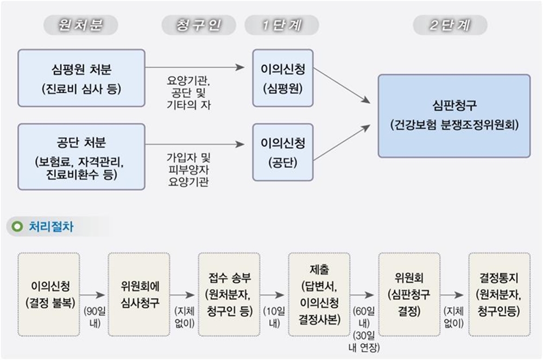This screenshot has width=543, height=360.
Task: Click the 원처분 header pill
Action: [81, 25]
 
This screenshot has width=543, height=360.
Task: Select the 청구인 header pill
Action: [199, 25]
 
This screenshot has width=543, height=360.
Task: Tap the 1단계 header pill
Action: [282, 25]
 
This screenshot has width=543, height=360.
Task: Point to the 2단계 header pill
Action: [450, 25]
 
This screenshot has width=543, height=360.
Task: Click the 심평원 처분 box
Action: [81, 78]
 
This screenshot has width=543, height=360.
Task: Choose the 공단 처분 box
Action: [81, 157]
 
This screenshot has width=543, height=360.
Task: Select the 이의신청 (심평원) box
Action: [283, 78]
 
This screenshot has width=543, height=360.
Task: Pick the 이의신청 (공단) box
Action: [283, 152]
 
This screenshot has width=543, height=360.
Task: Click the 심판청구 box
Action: [454, 116]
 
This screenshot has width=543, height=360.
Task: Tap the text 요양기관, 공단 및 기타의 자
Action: [189, 93]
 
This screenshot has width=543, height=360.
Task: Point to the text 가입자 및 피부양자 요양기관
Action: [189, 169]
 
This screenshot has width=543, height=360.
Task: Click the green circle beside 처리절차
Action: [17, 226]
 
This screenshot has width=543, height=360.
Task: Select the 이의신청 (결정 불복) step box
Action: [49, 295]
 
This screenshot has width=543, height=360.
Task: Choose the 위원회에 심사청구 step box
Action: [139, 295]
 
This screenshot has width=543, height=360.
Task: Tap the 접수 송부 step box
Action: [229, 295]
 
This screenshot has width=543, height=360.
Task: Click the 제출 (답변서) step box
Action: [319, 295]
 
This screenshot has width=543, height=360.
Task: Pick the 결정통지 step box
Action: [500, 295]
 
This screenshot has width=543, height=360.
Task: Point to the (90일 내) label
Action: [94, 317]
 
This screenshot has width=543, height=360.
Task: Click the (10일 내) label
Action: [274, 317]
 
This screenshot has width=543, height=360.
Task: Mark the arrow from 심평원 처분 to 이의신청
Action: [195, 67]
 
